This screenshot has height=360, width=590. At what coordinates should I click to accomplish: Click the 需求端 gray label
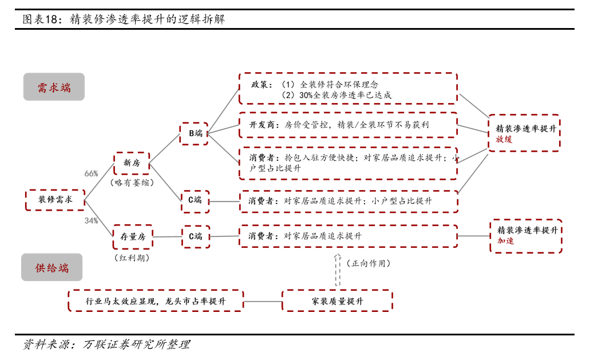point(54,87)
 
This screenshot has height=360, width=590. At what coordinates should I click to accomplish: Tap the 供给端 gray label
point(52,267)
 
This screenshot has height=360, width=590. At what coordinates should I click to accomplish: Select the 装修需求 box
point(55,200)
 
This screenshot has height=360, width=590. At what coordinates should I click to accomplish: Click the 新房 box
point(132,163)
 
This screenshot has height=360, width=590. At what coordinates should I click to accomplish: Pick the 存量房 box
point(133,236)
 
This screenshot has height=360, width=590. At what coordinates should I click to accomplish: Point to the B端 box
point(194,133)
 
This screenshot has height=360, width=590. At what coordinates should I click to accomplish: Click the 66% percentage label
point(91,173)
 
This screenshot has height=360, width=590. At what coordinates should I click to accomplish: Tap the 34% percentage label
point(91,220)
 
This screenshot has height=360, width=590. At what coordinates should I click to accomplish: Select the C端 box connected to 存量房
point(196,236)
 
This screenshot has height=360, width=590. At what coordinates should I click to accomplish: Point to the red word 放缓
point(504,139)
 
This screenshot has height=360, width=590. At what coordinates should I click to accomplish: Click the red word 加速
point(505,241)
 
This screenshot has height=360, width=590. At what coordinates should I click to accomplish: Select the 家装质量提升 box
point(337,301)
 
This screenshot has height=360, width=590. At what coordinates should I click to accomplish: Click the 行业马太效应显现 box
point(156,301)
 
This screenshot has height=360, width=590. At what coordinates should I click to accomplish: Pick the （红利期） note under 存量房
point(132,258)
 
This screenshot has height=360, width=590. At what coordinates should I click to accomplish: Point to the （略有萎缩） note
point(132,183)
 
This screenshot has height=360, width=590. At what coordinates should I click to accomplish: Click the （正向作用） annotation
point(369,263)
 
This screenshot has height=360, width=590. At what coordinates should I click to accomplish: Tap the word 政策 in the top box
point(259,84)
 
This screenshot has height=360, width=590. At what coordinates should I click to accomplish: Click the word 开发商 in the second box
point(262,125)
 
